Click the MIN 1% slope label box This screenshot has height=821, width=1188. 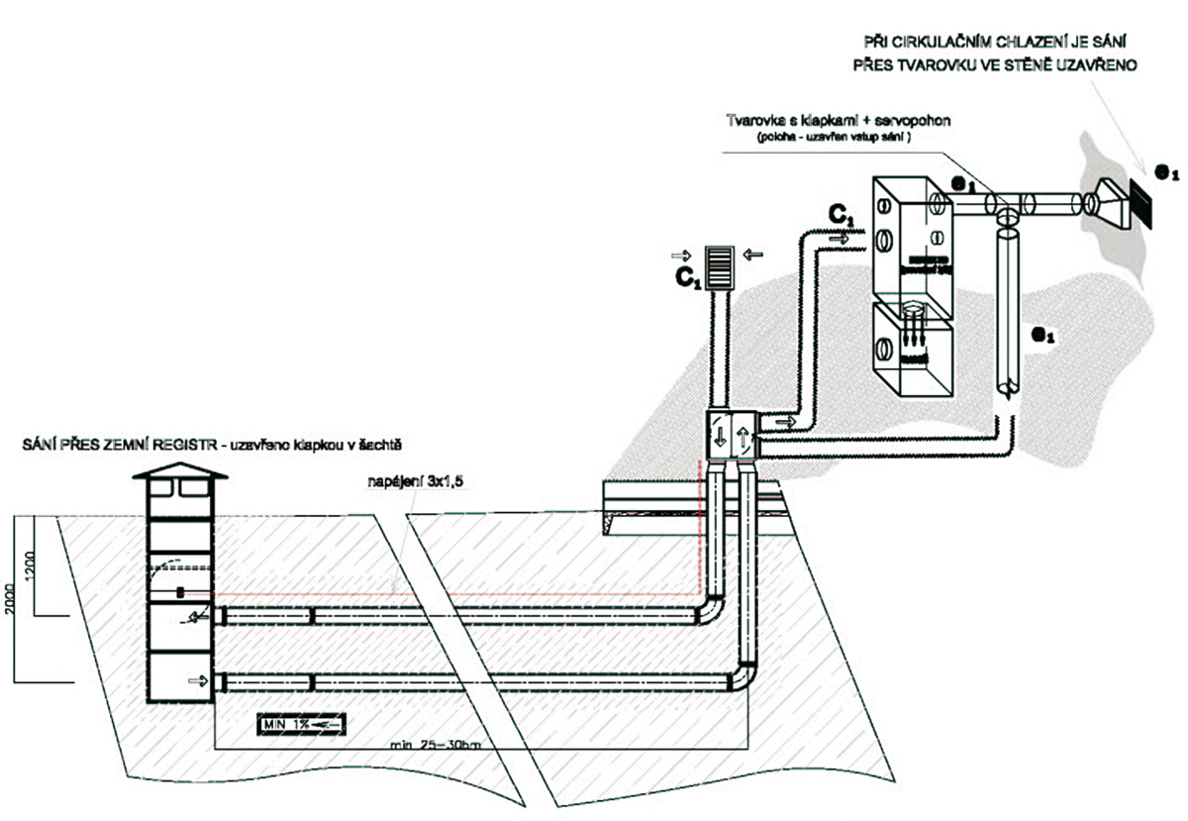click(x=301, y=725)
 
